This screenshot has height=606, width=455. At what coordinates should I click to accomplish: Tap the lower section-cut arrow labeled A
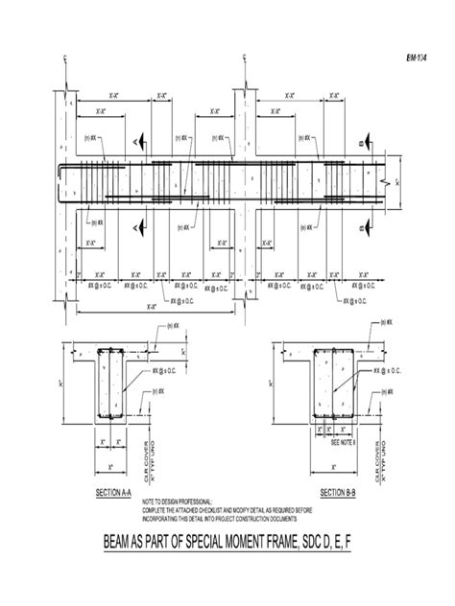[x=140, y=227]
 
